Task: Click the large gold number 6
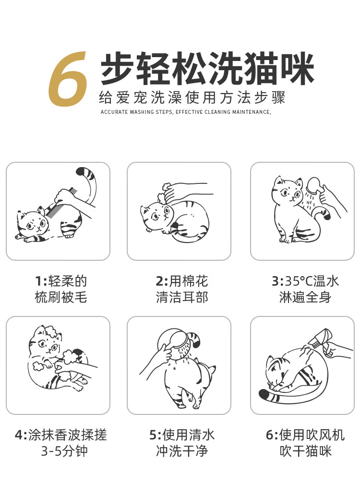(x=67, y=79)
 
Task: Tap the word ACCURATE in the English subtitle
(x=114, y=112)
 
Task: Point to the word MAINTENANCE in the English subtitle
(x=251, y=112)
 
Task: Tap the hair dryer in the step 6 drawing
(x=322, y=339)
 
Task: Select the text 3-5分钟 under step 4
(x=64, y=451)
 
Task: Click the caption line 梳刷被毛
(x=61, y=297)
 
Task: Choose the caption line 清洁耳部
(x=182, y=297)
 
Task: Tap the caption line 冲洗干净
(x=182, y=451)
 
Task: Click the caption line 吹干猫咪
(x=306, y=451)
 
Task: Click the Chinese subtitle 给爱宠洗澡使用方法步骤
(x=192, y=97)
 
